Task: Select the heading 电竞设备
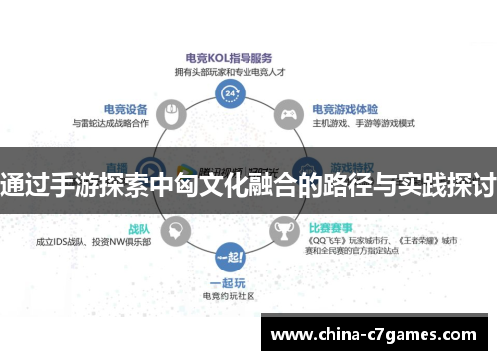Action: pyautogui.click(x=127, y=110)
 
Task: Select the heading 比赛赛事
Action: pyautogui.click(x=332, y=227)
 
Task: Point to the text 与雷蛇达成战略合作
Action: pyautogui.click(x=111, y=124)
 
